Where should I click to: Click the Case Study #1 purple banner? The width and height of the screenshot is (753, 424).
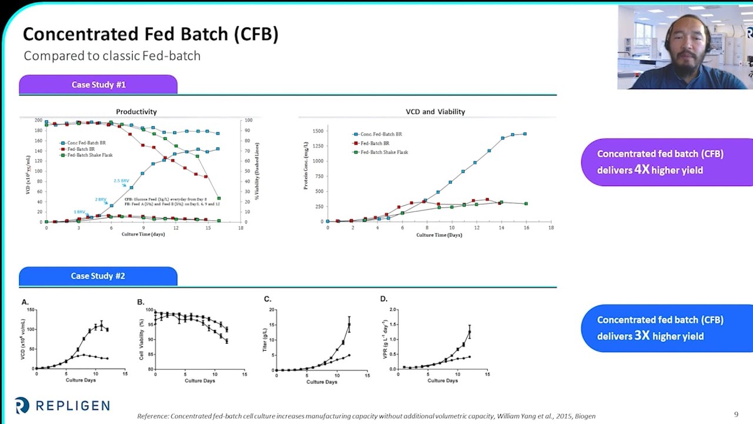pyautogui.click(x=98, y=85)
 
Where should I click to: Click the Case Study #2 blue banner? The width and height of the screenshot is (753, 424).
pyautogui.click(x=98, y=276)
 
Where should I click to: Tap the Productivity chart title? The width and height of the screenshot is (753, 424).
pyautogui.click(x=136, y=111)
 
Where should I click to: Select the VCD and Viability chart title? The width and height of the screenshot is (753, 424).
pyautogui.click(x=435, y=111)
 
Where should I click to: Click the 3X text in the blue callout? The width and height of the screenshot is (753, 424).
pyautogui.click(x=642, y=336)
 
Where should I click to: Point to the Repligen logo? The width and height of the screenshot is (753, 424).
pyautogui.click(x=62, y=405)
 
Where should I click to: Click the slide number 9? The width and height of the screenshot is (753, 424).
pyautogui.click(x=736, y=415)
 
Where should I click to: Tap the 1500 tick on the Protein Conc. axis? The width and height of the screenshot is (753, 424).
pyautogui.click(x=317, y=131)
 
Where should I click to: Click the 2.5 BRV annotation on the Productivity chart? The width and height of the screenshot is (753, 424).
pyautogui.click(x=121, y=181)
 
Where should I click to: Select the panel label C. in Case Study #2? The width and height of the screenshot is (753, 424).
pyautogui.click(x=268, y=299)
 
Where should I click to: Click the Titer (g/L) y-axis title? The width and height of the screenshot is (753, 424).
pyautogui.click(x=265, y=340)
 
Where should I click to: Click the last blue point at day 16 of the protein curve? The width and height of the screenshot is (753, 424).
pyautogui.click(x=525, y=134)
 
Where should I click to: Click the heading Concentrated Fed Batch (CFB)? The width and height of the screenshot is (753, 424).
pyautogui.click(x=151, y=34)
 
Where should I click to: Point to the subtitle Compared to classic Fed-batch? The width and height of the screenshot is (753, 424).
pyautogui.click(x=112, y=56)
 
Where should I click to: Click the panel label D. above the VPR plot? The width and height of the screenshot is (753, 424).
pyautogui.click(x=384, y=299)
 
